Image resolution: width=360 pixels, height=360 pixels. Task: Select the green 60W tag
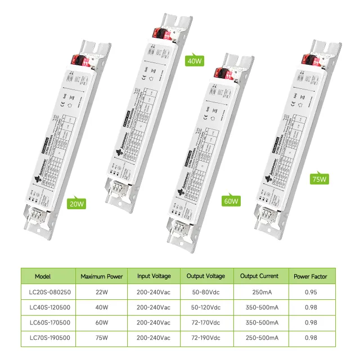point(231,200)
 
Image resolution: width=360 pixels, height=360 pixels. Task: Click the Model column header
point(43,276)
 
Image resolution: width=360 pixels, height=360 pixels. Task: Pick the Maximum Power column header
point(101,276)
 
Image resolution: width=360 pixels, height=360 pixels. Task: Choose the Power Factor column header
point(309,276)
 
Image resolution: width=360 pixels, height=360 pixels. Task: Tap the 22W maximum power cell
point(101,292)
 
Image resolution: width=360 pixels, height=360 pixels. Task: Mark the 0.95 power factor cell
point(309,292)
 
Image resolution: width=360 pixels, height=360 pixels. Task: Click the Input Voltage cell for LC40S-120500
point(154,308)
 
